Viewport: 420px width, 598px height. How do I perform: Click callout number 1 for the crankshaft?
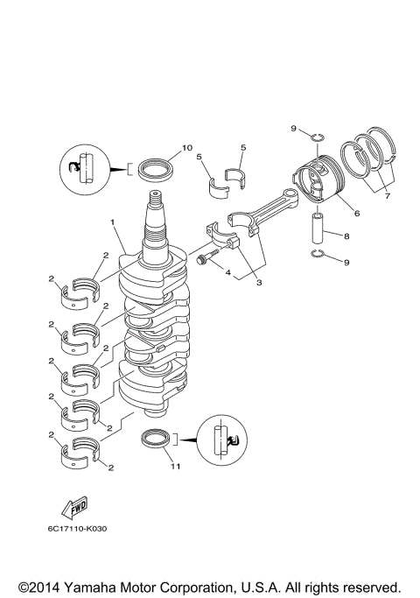point(113,222)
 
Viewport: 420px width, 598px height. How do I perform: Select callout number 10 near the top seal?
point(186,147)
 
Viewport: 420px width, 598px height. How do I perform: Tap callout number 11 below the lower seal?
point(175,467)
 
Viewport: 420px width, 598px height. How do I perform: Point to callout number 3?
point(258,282)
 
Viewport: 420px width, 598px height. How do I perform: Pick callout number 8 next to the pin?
point(346,236)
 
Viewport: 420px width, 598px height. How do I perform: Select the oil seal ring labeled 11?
point(157,439)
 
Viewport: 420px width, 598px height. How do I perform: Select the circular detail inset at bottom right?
point(223,444)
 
